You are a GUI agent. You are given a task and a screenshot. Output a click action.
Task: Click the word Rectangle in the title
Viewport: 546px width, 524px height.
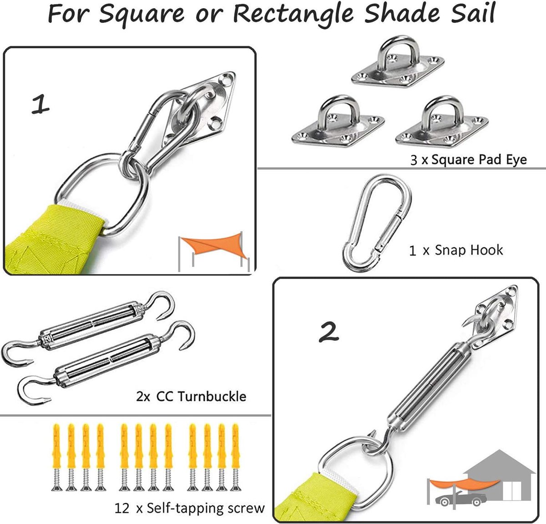[x=293, y=14]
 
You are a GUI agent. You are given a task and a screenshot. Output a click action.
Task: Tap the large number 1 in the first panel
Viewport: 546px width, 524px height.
[x=40, y=104]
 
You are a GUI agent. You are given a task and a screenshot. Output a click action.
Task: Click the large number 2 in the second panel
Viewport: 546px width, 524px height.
[x=329, y=332]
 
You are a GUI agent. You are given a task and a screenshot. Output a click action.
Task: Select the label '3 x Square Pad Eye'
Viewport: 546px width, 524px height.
[x=468, y=160]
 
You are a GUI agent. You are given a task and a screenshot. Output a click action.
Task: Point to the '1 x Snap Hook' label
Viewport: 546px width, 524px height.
[x=456, y=250]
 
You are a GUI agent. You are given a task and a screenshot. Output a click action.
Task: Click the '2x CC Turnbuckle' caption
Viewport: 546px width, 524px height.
[x=191, y=396]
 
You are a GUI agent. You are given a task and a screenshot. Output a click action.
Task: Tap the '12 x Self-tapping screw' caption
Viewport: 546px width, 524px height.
[x=190, y=508]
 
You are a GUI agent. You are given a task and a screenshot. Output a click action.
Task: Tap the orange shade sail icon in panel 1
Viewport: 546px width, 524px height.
[x=213, y=247]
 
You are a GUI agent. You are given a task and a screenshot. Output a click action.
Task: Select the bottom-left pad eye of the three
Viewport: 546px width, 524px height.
[x=338, y=123]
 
